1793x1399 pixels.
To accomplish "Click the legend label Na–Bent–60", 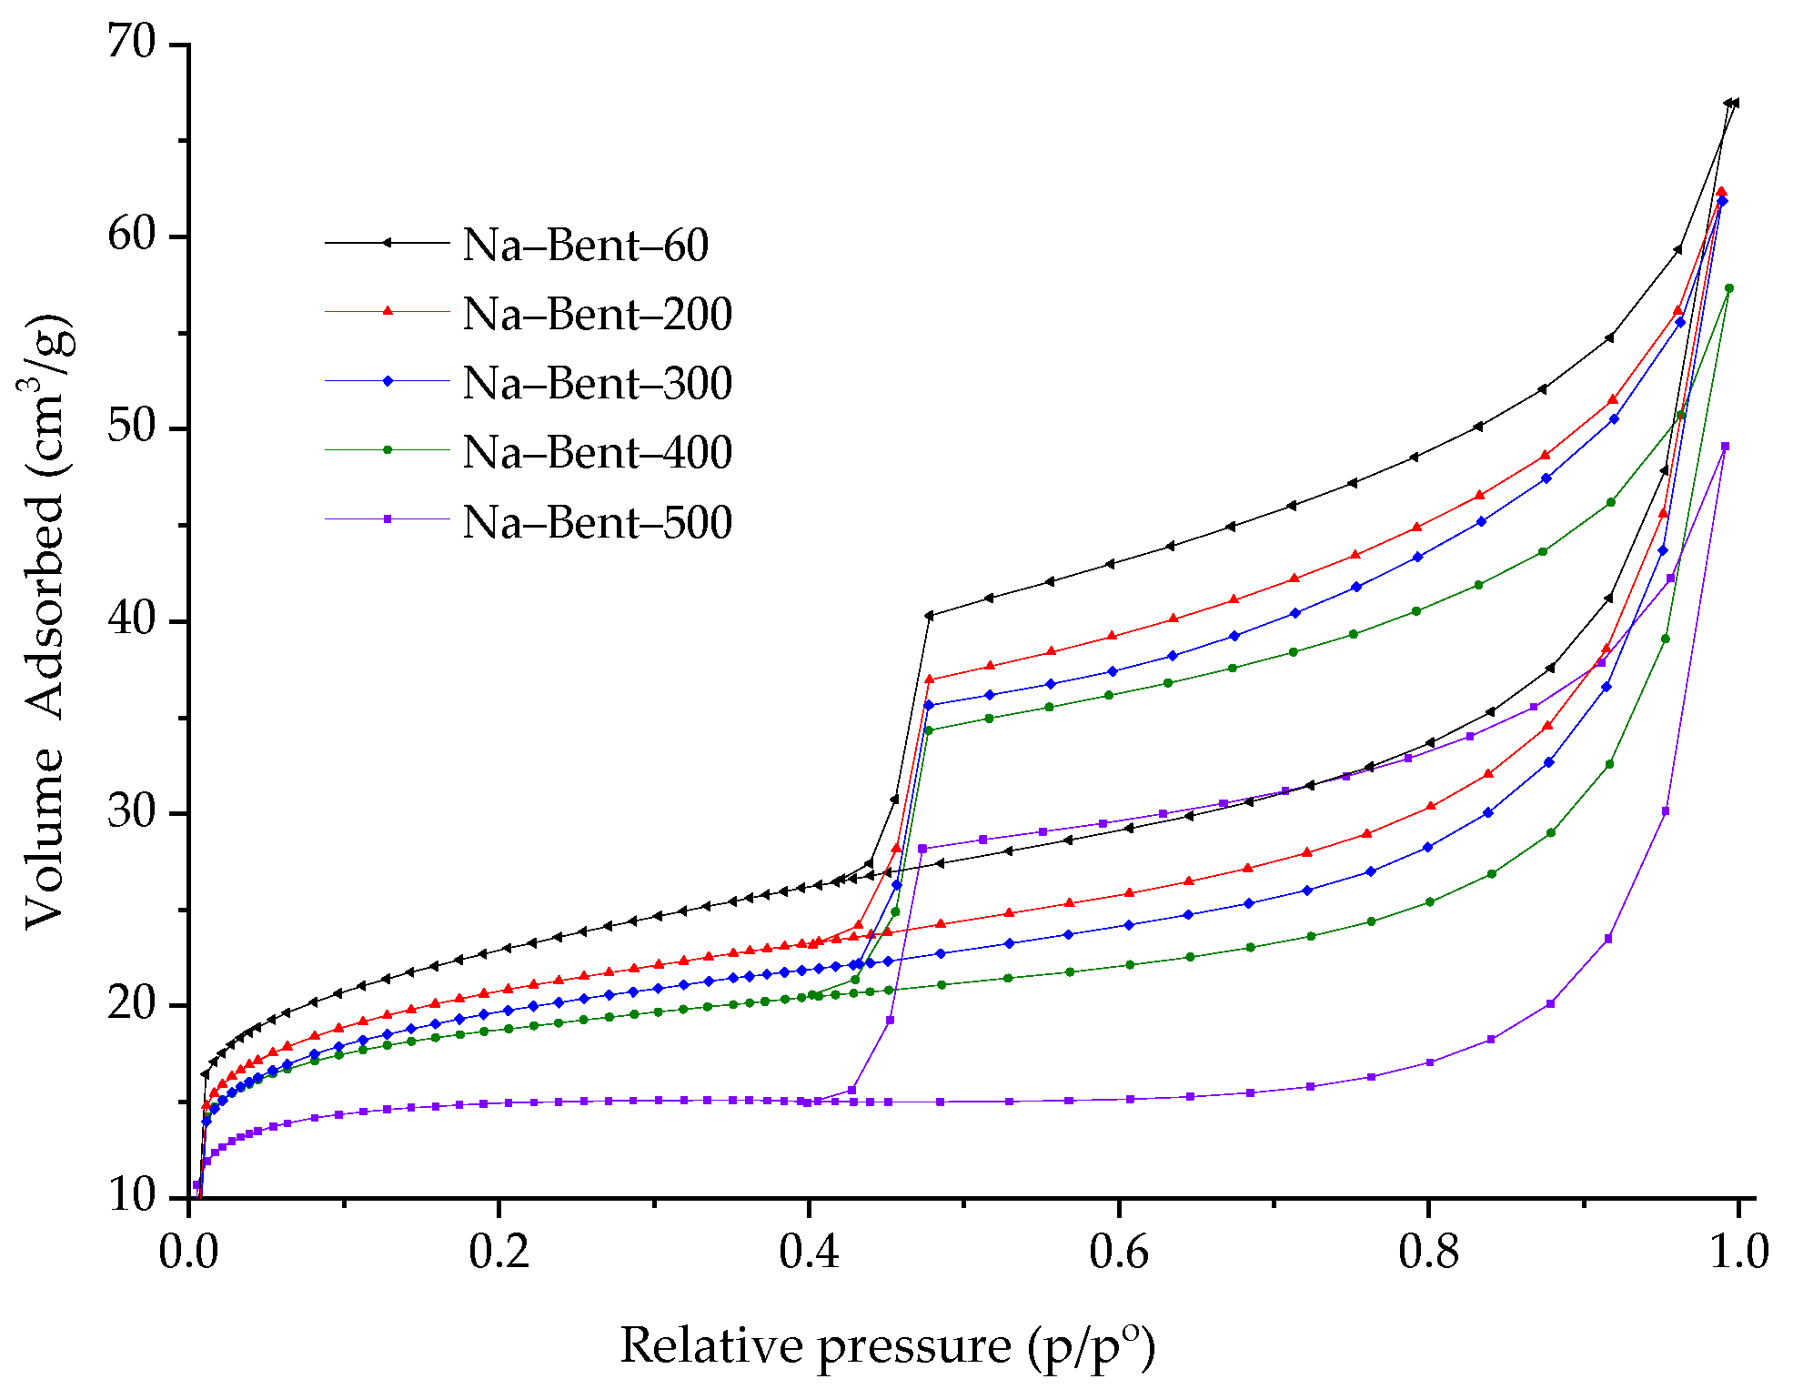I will [585, 245].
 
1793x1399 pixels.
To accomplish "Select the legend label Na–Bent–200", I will [597, 314].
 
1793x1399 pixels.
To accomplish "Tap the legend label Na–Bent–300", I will [597, 383].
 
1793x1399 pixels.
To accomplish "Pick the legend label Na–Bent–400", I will [597, 452].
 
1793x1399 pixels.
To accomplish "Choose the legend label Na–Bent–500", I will [597, 522].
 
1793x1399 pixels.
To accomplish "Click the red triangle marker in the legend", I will [388, 311].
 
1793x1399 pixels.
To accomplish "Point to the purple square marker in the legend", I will [388, 519].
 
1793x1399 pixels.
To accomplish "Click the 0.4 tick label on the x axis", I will [809, 1253].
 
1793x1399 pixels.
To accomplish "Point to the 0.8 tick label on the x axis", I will [1428, 1253].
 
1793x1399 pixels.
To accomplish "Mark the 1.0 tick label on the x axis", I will [1738, 1253].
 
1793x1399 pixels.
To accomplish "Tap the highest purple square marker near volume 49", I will [1725, 447].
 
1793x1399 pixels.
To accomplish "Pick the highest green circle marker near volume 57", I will [1729, 288].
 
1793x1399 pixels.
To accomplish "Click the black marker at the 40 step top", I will [929, 616].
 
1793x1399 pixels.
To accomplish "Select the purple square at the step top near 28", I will [922, 849].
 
